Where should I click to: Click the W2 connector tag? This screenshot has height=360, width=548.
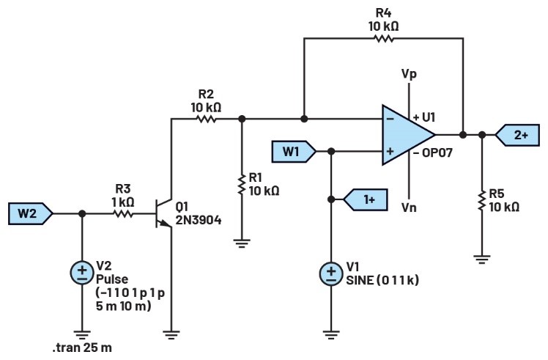30,214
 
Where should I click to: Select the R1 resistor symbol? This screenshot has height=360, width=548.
241,185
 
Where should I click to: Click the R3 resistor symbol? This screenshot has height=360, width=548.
122,214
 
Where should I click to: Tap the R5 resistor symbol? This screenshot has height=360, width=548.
482,199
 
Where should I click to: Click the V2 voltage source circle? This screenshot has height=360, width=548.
81,273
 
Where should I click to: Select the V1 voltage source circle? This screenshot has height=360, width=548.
331,274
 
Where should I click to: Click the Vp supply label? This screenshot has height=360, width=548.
410,74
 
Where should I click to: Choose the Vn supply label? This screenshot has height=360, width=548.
409,207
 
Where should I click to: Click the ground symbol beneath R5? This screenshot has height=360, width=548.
482,258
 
